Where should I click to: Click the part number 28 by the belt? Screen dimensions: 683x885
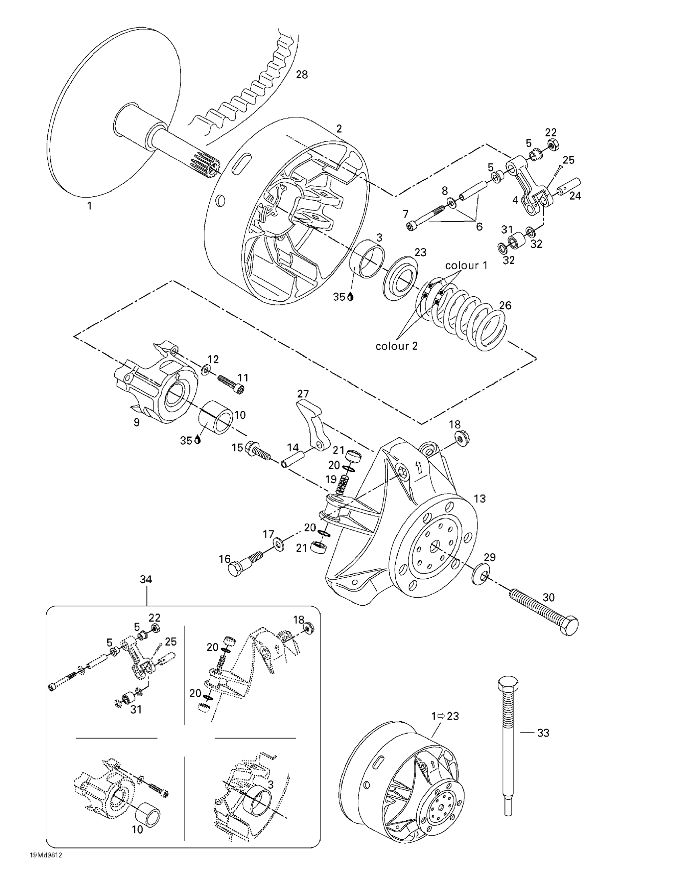302,75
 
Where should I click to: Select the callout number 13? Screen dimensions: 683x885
479,498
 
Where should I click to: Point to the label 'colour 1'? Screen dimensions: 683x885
466,265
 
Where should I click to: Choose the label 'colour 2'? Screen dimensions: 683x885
397,346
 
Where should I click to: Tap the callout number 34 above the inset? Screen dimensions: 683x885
145,579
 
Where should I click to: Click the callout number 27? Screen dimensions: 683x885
303,394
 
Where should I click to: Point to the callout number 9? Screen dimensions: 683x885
137,422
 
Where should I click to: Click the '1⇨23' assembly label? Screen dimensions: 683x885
446,716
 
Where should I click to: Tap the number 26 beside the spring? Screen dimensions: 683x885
505,305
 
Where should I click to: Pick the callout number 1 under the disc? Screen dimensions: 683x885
89,206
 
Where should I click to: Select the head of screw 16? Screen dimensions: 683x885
235,569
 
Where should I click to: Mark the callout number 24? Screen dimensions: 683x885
575,196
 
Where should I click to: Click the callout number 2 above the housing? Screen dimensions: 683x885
339,129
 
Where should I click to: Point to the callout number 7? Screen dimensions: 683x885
405,214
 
